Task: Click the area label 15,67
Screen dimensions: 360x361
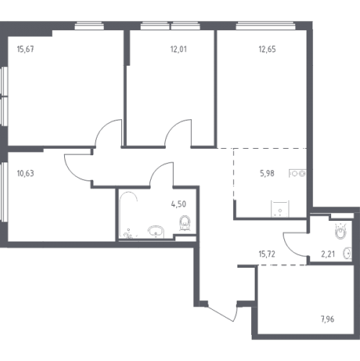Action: click(25, 49)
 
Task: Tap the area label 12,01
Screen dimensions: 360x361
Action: click(178, 49)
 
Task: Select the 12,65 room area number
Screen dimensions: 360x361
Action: click(267, 49)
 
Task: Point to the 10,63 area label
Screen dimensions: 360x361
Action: click(25, 173)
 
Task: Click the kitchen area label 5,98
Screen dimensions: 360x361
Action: click(267, 173)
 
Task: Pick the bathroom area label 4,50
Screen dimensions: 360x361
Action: click(178, 204)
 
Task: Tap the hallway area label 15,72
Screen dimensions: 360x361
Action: click(267, 254)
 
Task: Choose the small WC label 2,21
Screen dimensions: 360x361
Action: click(328, 254)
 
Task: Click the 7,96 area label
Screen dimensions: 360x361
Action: click(328, 319)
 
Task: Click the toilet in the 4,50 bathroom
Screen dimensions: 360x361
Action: click(185, 223)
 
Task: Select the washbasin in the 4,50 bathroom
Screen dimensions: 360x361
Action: click(156, 232)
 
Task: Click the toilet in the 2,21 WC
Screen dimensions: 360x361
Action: click(341, 231)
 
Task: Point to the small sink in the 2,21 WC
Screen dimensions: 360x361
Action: click(348, 253)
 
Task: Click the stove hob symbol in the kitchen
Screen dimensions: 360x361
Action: click(298, 173)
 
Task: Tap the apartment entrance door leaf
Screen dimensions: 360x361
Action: click(221, 314)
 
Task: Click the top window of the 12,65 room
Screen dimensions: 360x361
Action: click(265, 25)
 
